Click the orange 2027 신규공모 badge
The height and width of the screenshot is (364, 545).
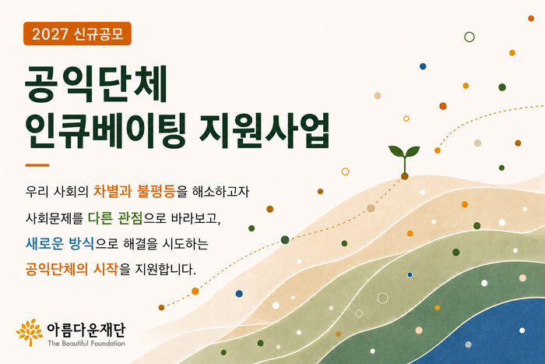coord(77,34)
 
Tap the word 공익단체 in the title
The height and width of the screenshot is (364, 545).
coord(97,83)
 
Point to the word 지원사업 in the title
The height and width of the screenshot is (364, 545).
coord(264,130)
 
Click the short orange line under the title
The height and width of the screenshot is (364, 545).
coord(37,165)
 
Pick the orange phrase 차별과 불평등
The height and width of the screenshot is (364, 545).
coord(135,191)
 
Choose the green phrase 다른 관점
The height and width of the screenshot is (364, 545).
coord(115,217)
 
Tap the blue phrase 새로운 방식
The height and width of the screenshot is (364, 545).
coord(60,243)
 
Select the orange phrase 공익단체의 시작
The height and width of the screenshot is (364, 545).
coord(72,269)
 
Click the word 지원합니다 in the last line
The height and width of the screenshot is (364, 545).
coord(165,269)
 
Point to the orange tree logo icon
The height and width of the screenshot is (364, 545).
coord(30,332)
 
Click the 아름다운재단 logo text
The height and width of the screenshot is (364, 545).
coord(86,330)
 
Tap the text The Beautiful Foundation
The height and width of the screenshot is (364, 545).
coord(86,344)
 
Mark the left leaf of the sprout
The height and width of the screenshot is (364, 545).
coord(396,151)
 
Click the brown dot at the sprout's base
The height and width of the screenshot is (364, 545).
coord(405,176)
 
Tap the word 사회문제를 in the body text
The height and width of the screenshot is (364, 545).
coord(54,218)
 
